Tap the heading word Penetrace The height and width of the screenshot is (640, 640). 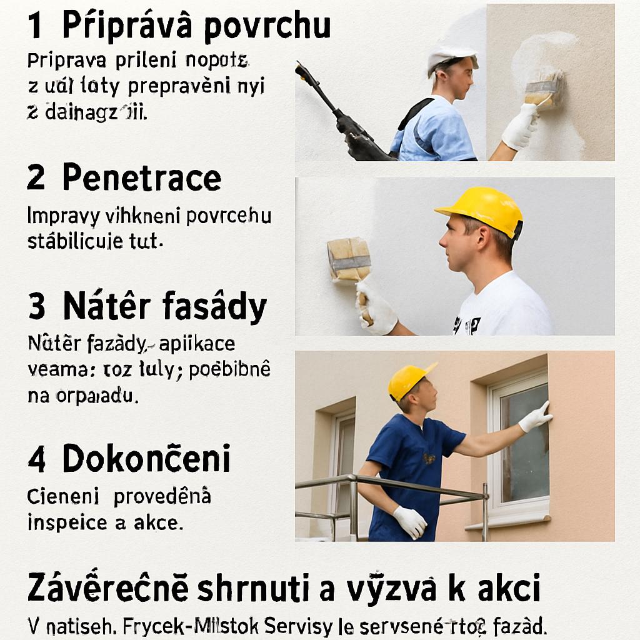pos(142,179)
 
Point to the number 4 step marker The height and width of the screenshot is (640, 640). pos(36,460)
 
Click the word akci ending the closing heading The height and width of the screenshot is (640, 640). pos(502,589)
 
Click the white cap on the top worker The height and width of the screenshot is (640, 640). pos(451,57)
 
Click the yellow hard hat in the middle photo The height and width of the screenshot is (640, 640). pos(482,209)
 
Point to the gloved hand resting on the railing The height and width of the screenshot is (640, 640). pos(410,521)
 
